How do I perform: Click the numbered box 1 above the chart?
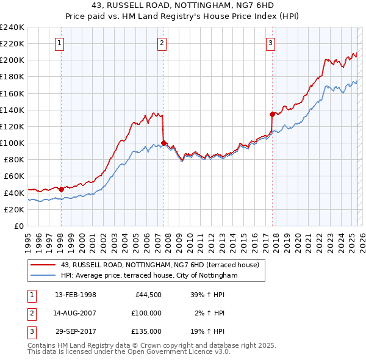pos(60,43)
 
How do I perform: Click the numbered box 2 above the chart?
pos(162,43)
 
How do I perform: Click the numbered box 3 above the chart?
pos(270,43)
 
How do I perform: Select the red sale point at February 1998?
pos(61,189)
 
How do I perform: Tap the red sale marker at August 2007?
pos(163,143)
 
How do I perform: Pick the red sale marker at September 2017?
pos(272,114)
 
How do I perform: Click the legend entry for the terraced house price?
pos(160,265)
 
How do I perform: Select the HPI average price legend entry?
pos(149,275)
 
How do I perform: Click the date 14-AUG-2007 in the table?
pos(76,313)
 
